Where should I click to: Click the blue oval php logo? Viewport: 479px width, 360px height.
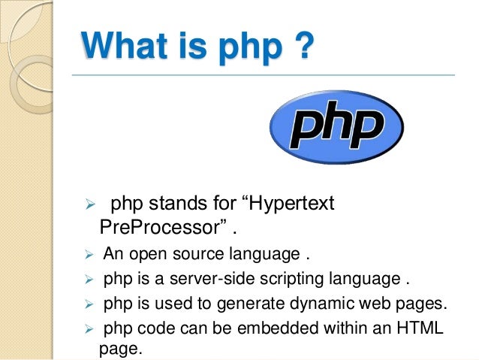(336, 127)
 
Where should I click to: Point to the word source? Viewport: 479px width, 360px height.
(194, 253)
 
